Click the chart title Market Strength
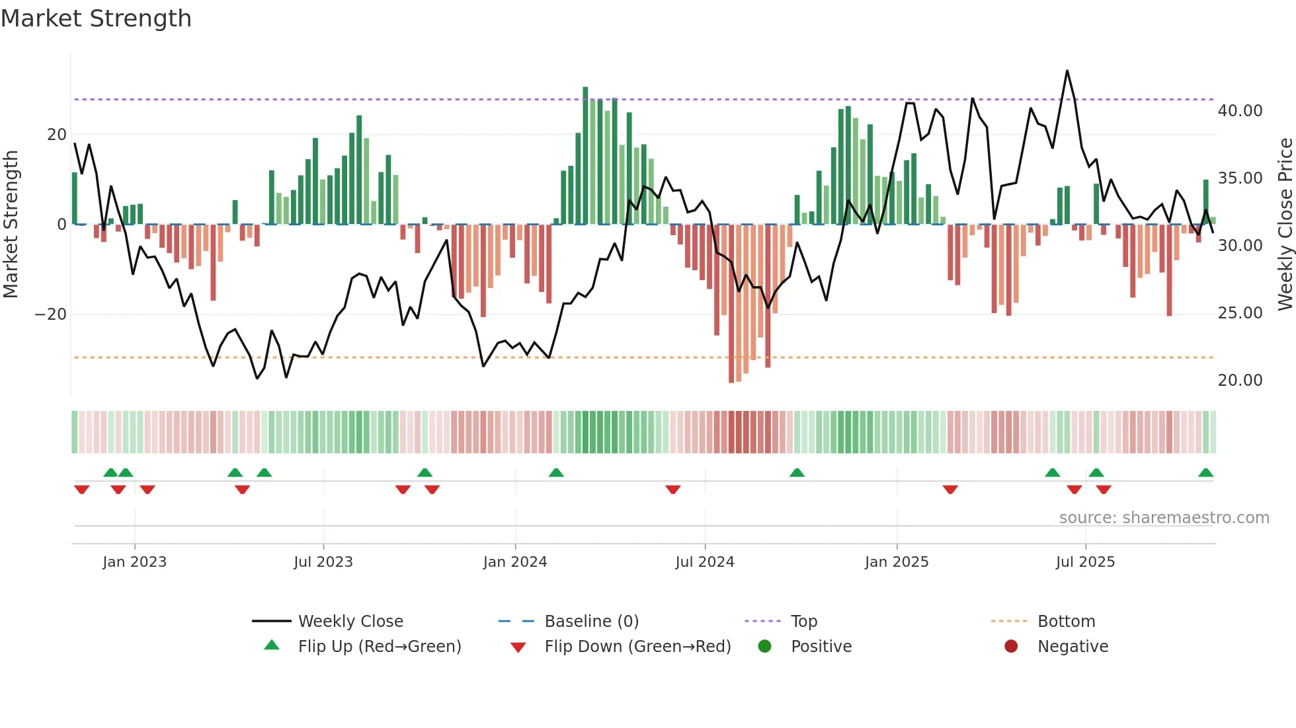[x=96, y=18]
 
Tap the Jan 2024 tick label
[x=515, y=562]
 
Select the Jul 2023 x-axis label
[x=323, y=562]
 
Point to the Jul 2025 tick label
[x=1085, y=562]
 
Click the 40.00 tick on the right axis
[x=1240, y=111]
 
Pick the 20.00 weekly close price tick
[x=1240, y=381]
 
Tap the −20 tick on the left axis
[x=51, y=314]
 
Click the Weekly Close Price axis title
[x=1285, y=224]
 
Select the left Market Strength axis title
[x=11, y=224]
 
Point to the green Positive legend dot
[x=764, y=647]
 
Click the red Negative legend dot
[x=1011, y=647]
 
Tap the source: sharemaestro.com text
[x=1164, y=518]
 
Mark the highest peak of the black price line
[x=1067, y=71]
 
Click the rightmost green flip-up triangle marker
[x=1205, y=473]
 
